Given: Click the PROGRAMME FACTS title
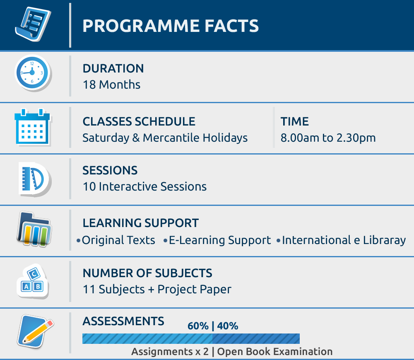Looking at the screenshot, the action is (171, 26).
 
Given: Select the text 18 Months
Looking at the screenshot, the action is (111, 85).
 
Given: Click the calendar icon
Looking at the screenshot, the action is (32, 127).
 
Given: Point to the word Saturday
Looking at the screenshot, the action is (106, 138).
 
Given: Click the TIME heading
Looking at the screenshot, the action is (294, 121).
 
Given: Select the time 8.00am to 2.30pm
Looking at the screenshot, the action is (328, 138).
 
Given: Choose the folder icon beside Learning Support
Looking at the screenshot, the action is (34, 229).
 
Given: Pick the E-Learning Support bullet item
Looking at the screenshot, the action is (217, 240).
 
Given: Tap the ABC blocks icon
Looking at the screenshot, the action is (32, 281).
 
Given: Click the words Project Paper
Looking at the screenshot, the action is (194, 290).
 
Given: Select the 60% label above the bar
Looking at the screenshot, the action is (198, 326).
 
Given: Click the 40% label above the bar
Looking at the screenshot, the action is (228, 326).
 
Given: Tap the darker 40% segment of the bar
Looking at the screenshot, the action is (256, 338).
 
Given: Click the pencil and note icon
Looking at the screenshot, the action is (35, 331).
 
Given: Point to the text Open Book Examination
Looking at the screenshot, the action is (274, 352).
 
